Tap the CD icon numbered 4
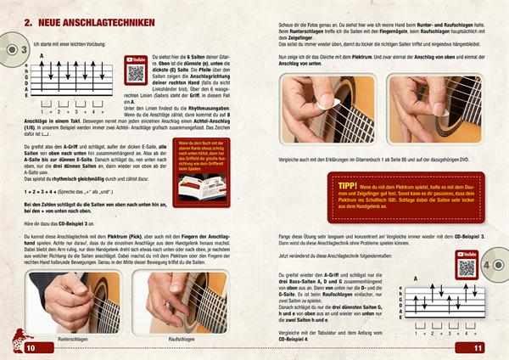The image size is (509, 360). [x=496, y=263]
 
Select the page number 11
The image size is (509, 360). [x=478, y=347]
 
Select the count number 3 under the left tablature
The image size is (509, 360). [x=77, y=110]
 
